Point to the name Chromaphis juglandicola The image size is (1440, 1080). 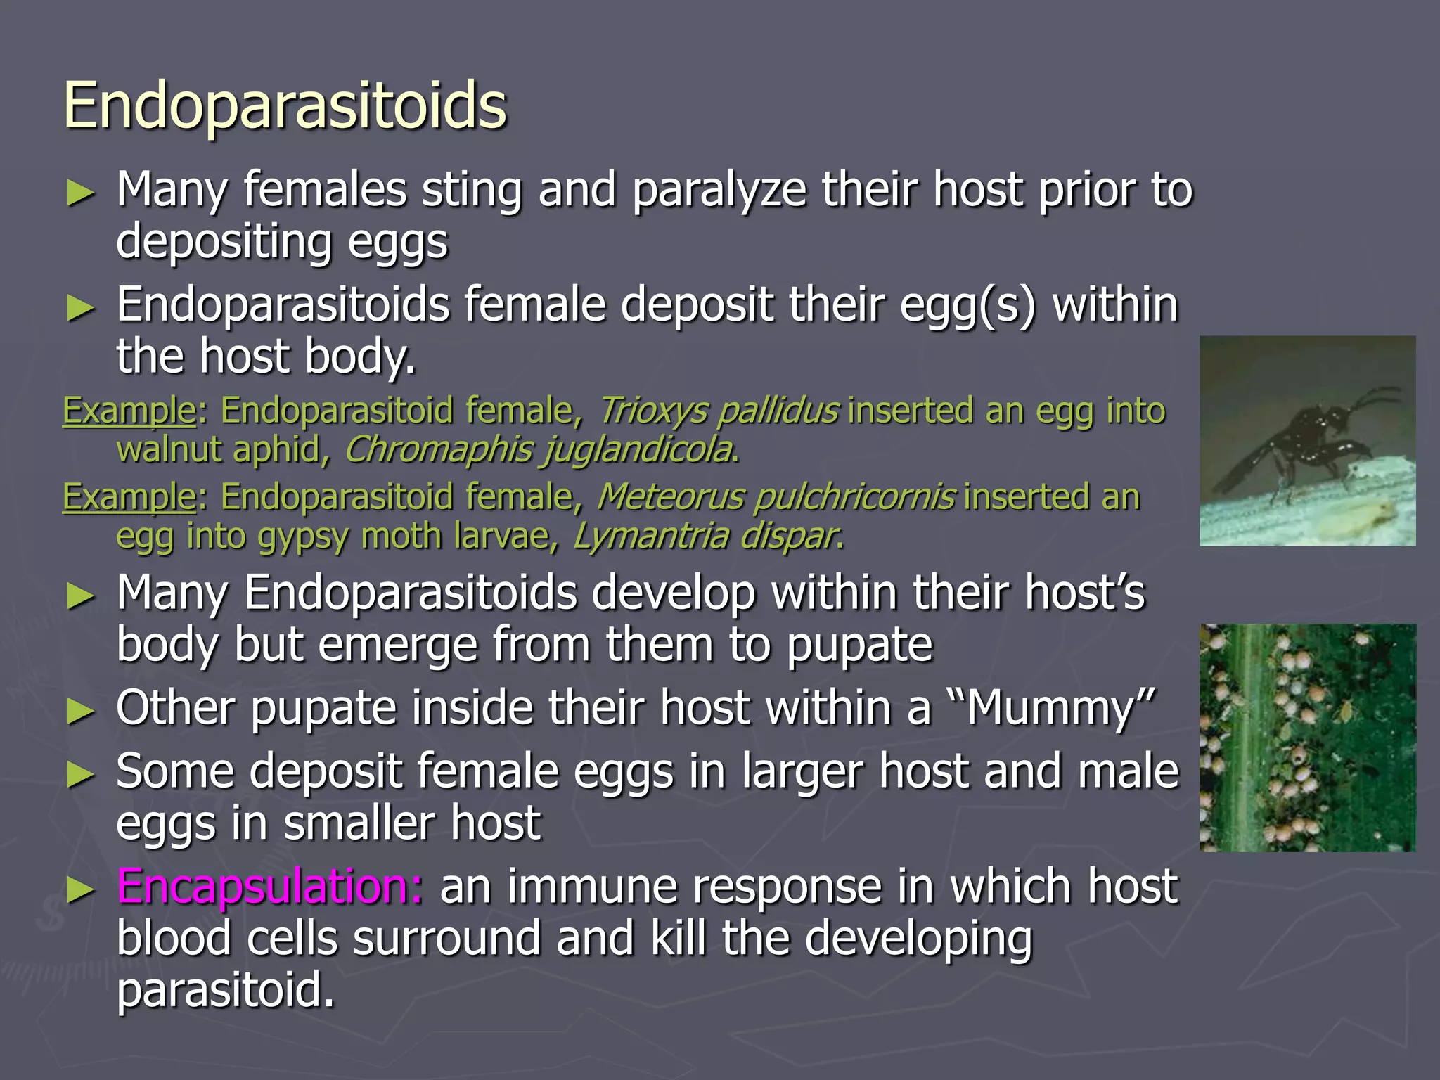click(x=539, y=450)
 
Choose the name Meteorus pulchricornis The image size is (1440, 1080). click(x=776, y=497)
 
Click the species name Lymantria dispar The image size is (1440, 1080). click(x=706, y=536)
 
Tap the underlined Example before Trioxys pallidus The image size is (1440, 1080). click(x=129, y=411)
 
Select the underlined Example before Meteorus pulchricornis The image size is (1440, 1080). click(x=129, y=497)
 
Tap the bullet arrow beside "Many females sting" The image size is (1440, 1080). click(x=80, y=193)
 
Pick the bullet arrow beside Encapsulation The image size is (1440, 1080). click(x=80, y=889)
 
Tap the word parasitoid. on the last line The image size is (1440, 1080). click(x=225, y=991)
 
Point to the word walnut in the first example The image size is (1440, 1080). click(x=169, y=450)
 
